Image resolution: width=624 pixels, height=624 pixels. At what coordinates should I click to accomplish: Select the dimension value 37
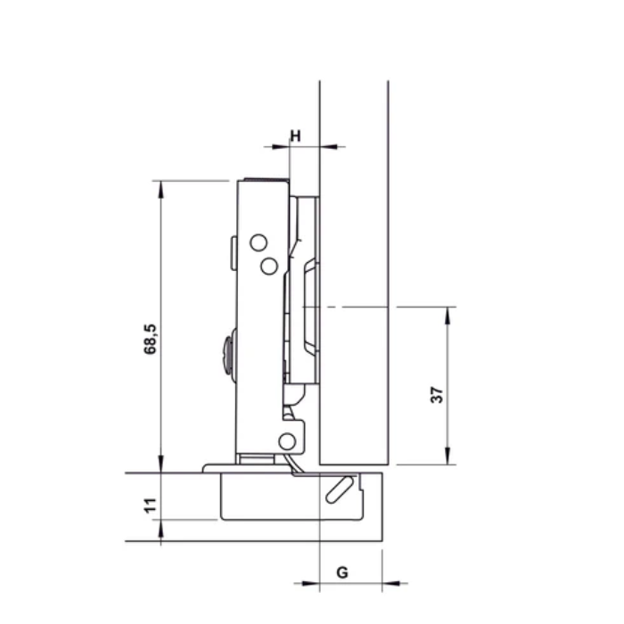coord(436,395)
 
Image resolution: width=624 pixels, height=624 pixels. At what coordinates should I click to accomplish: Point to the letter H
coord(295,135)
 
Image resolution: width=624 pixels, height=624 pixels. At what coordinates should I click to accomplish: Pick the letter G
coord(341,571)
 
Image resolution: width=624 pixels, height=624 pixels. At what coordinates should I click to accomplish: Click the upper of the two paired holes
coord(258,242)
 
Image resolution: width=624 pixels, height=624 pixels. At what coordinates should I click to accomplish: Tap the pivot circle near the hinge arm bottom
coord(287,441)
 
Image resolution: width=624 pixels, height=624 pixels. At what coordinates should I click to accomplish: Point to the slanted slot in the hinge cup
coord(339,489)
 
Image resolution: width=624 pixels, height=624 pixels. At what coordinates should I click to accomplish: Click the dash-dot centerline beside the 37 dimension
coord(357,307)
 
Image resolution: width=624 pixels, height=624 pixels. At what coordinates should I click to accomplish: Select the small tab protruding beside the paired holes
coord(232,254)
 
